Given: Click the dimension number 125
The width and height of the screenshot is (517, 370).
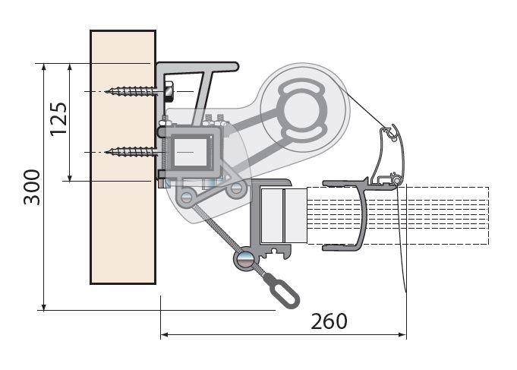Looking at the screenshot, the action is tap(58, 119).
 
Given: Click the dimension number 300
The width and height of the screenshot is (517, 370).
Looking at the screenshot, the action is tap(32, 187).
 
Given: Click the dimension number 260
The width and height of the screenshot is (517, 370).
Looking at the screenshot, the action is tap(329, 321).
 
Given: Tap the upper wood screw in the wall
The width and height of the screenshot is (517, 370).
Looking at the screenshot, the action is tap(131, 91).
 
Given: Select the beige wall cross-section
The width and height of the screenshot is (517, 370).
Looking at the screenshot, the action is tap(123, 157).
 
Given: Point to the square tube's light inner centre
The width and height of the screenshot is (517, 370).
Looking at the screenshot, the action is tap(191, 152).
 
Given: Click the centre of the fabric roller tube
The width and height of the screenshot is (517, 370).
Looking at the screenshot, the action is tap(301, 111).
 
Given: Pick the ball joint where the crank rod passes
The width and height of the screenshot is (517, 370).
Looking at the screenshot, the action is tap(244, 258).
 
